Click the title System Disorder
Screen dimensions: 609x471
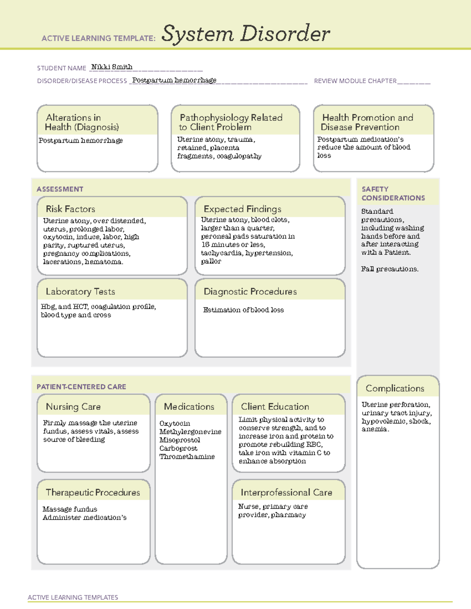pyautogui.click(x=246, y=34)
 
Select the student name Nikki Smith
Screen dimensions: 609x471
pyautogui.click(x=112, y=67)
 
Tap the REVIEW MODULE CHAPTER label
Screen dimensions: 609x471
pyautogui.click(x=355, y=81)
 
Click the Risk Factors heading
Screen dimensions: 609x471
pyautogui.click(x=71, y=209)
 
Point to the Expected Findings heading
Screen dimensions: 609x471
pyautogui.click(x=243, y=209)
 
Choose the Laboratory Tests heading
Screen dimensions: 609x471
pyautogui.click(x=80, y=292)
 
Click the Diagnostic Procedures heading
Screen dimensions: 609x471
pyautogui.click(x=250, y=292)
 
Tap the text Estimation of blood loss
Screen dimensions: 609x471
pyautogui.click(x=243, y=310)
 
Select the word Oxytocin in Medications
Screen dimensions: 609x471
pyautogui.click(x=175, y=424)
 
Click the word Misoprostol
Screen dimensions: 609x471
pyautogui.click(x=180, y=440)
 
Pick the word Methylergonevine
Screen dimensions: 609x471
pyautogui.click(x=190, y=432)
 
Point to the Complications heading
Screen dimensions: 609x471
pyautogui.click(x=395, y=389)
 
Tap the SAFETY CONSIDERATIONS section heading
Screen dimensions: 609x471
pyautogui.click(x=393, y=194)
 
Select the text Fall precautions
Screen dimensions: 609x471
pyautogui.click(x=390, y=269)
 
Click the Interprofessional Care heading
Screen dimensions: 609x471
pyautogui.click(x=287, y=493)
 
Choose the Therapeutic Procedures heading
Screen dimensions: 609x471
pyautogui.click(x=93, y=493)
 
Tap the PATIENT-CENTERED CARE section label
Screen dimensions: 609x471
pyautogui.click(x=81, y=387)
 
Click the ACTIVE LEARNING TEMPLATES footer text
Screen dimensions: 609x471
pyautogui.click(x=73, y=597)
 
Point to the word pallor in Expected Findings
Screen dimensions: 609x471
pyautogui.click(x=211, y=261)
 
